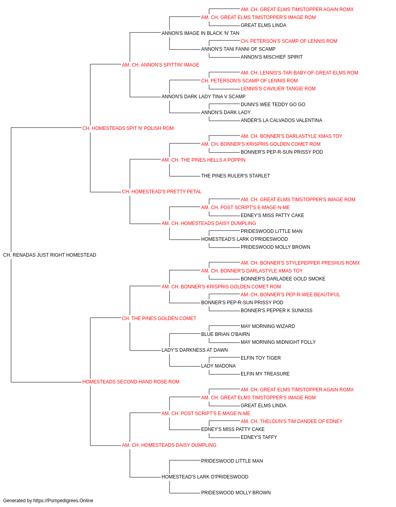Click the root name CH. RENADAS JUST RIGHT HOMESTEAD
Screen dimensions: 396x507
click(x=49, y=255)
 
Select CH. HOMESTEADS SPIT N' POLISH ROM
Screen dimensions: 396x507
click(x=128, y=128)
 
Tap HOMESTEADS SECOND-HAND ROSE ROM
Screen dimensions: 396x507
click(x=131, y=382)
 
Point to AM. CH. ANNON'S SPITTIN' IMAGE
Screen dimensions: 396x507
click(x=161, y=65)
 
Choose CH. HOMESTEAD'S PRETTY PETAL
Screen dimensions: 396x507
click(x=162, y=192)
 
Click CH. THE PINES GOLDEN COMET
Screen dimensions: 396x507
click(x=159, y=318)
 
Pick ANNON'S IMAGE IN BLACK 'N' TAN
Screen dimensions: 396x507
click(x=200, y=33)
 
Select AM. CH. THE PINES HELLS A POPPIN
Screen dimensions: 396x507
click(x=204, y=160)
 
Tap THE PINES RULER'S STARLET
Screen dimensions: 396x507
click(x=236, y=176)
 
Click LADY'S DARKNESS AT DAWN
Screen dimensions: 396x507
click(x=195, y=350)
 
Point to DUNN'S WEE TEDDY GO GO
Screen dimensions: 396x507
click(x=273, y=105)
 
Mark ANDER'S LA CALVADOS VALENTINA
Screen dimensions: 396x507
click(x=282, y=120)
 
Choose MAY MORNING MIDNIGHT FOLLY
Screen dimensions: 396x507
click(x=278, y=342)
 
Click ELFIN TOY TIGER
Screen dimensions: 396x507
click(x=261, y=358)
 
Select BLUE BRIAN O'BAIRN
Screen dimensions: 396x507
click(x=225, y=334)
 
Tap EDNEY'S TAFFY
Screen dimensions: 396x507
click(x=259, y=437)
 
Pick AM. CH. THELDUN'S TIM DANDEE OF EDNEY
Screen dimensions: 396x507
click(x=292, y=421)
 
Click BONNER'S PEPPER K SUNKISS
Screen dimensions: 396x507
click(x=276, y=310)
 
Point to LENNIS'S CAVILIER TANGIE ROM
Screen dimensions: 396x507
click(x=278, y=89)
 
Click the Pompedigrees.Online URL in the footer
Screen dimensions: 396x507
click(x=63, y=501)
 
